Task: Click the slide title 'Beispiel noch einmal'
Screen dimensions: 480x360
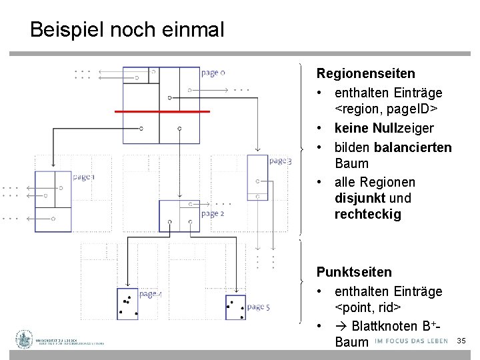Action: coord(127,29)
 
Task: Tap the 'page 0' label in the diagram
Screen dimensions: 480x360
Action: coord(213,73)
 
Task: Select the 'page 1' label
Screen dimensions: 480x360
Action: coord(84,177)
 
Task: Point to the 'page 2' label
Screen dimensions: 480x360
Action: coord(213,213)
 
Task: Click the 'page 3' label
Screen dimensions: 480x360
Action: coord(280,161)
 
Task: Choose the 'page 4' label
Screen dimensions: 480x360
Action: coord(150,294)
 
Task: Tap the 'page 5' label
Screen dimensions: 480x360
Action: coord(258,307)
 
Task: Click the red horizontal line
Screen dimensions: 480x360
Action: coord(162,111)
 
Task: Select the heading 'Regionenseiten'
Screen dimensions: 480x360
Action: coord(365,73)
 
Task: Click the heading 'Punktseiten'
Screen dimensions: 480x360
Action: coord(354,272)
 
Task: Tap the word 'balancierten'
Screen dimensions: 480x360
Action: coord(413,147)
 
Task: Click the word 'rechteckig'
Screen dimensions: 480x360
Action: coord(368,215)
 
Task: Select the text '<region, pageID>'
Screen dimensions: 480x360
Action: coord(386,109)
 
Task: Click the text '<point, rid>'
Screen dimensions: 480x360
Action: coord(367,307)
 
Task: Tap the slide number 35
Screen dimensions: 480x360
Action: coord(461,341)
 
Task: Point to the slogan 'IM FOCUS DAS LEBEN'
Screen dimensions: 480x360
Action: coord(411,341)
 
